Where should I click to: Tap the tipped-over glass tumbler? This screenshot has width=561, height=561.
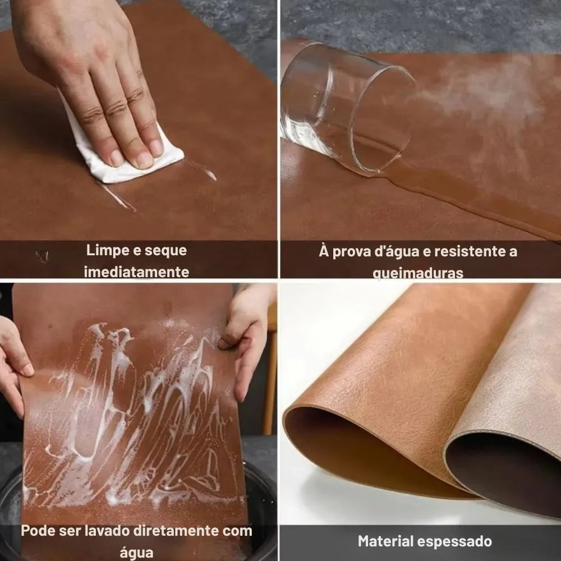[x=347, y=107]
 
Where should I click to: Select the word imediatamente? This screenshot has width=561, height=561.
[x=136, y=272]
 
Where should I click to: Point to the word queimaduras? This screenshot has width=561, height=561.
[x=418, y=273]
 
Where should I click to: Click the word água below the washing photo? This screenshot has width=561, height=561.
[x=136, y=553]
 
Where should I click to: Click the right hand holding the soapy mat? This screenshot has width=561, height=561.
[x=246, y=340]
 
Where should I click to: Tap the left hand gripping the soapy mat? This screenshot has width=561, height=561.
[x=15, y=365]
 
